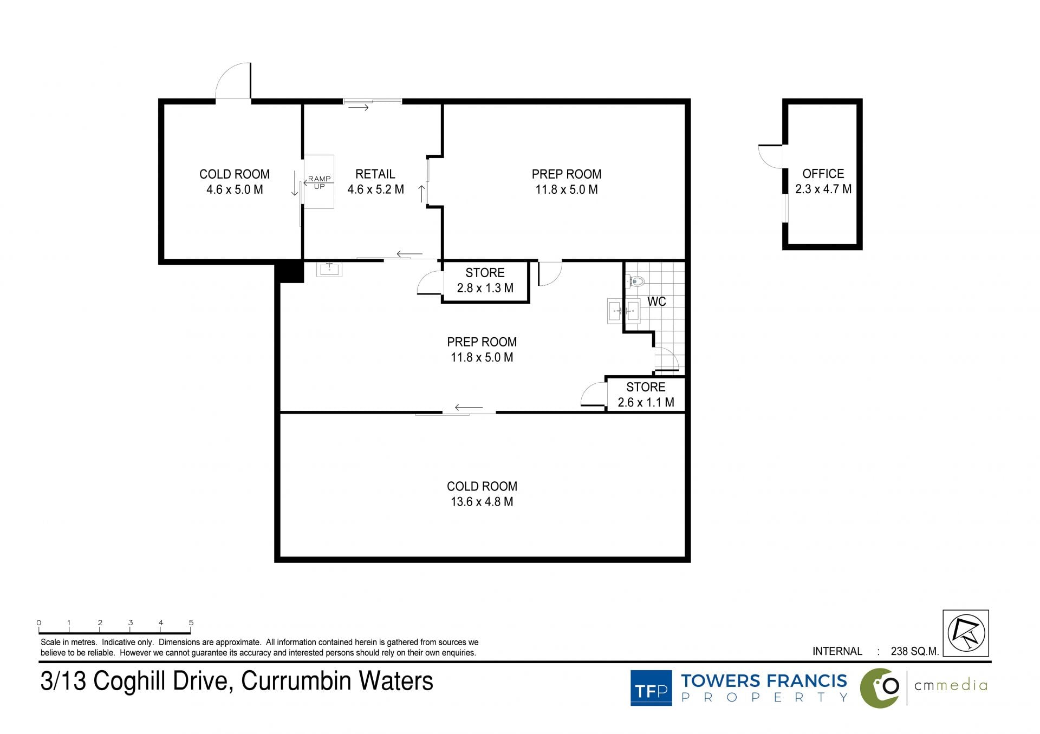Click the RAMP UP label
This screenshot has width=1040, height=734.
click(320, 182)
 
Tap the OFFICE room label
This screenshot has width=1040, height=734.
click(823, 174)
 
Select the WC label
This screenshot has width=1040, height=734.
click(656, 302)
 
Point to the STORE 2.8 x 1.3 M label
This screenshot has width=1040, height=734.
click(485, 280)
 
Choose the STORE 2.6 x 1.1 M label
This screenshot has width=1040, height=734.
click(646, 395)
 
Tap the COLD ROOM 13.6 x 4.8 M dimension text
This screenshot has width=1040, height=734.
click(482, 502)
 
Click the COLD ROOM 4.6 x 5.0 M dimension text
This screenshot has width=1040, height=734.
click(235, 189)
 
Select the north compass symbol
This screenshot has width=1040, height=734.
click(966, 633)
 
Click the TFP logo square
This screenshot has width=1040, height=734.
click(651, 688)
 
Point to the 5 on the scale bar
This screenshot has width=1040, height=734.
click(191, 622)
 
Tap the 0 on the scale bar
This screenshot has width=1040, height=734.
click(39, 622)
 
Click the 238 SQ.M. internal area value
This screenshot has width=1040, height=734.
click(915, 651)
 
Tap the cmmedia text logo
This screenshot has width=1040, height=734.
click(951, 685)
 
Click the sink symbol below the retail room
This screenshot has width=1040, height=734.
click(329, 269)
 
